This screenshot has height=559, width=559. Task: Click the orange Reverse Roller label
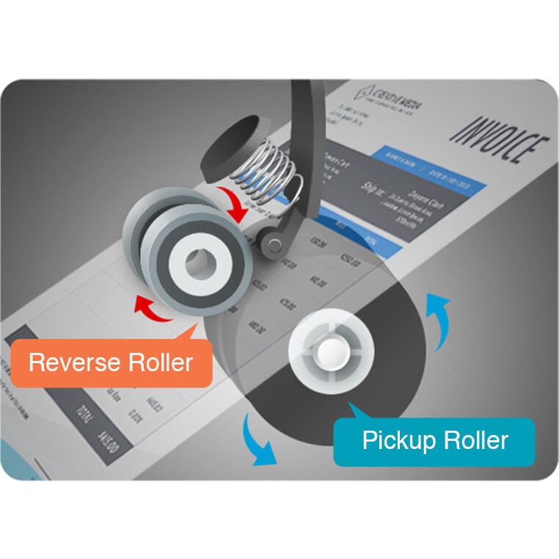pos(111,362)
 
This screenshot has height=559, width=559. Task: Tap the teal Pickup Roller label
pos(434,441)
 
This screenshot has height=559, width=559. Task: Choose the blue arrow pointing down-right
pos(259,441)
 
